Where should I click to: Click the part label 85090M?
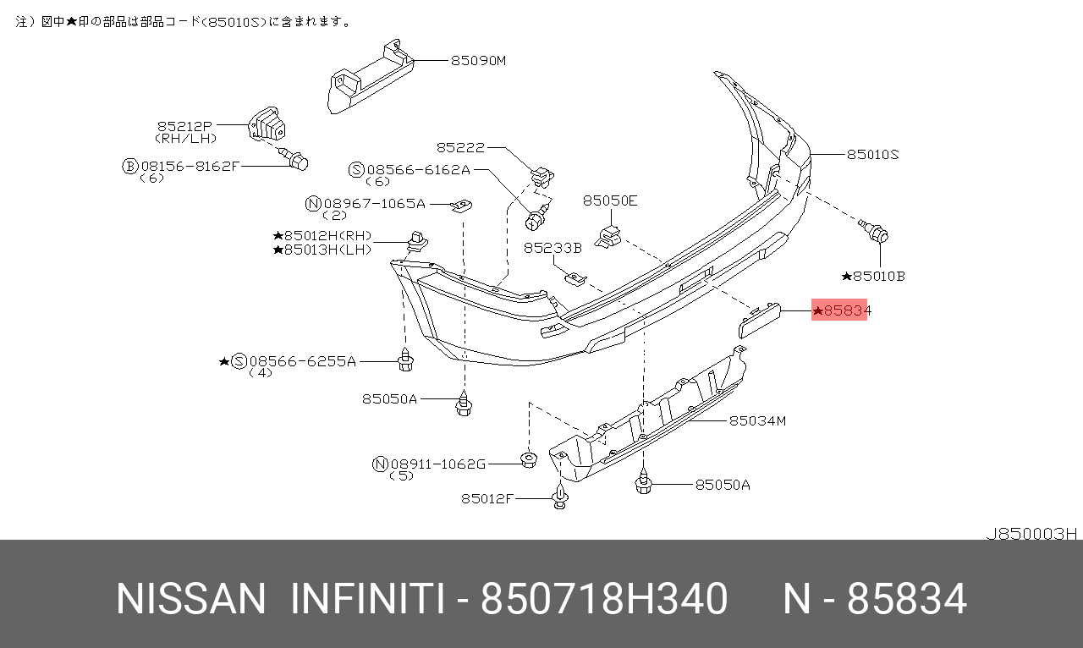(x=478, y=61)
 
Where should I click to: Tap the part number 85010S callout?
(x=872, y=155)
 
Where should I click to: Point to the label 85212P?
(x=184, y=126)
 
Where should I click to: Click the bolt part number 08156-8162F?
(x=190, y=167)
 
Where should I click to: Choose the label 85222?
(x=460, y=147)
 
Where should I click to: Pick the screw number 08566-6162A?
(x=418, y=170)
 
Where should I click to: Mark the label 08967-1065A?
(x=374, y=204)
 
